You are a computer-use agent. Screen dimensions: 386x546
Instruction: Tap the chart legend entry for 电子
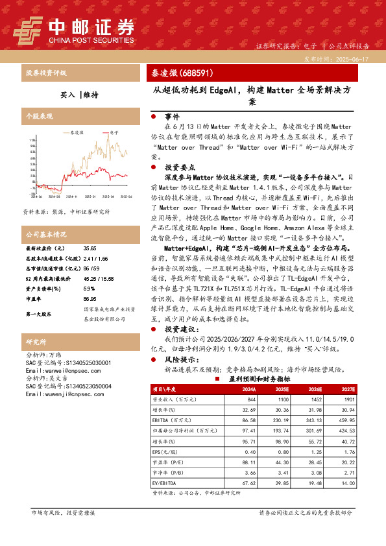(112, 132)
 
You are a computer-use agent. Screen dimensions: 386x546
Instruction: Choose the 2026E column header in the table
(315, 389)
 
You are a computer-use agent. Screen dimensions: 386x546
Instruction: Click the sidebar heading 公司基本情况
(46, 233)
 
